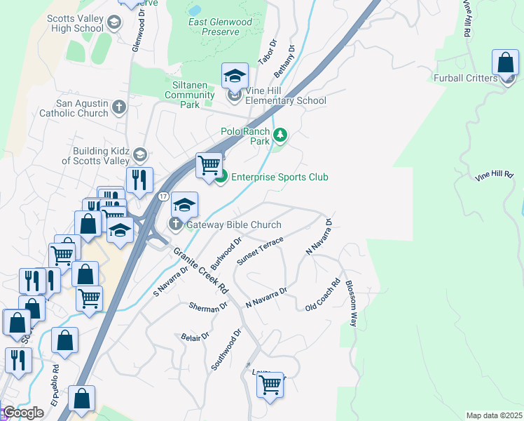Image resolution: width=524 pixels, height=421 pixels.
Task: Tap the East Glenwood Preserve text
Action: pyautogui.click(x=220, y=27)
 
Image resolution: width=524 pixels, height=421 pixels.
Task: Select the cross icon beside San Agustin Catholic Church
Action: pyautogui.click(x=119, y=107)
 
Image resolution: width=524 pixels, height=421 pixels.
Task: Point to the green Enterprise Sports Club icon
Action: pyautogui.click(x=221, y=177)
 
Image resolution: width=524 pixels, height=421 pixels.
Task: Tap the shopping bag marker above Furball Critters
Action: pyautogui.click(x=505, y=63)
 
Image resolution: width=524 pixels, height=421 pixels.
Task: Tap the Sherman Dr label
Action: pyautogui.click(x=208, y=307)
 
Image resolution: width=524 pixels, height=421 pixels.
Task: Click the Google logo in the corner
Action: pyautogui.click(x=22, y=413)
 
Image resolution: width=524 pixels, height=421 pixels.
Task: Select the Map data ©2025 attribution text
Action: pyautogui.click(x=494, y=415)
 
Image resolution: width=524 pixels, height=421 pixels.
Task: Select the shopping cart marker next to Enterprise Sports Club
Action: pyautogui.click(x=209, y=166)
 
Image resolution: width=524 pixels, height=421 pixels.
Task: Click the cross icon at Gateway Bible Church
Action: pyautogui.click(x=174, y=225)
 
